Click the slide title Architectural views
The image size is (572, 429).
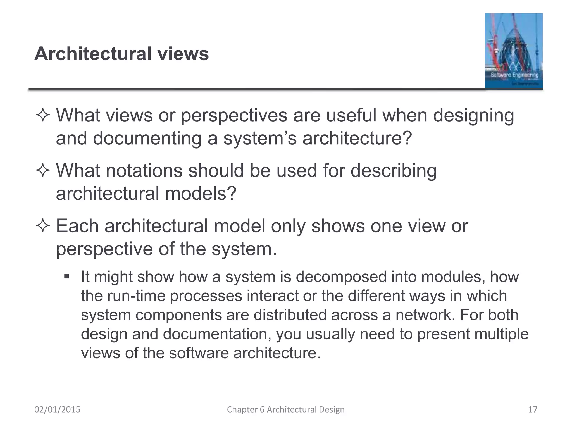[x=121, y=54]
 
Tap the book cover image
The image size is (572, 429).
[x=513, y=51]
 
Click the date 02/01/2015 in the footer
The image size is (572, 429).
[x=57, y=409]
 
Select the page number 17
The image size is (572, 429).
[x=533, y=409]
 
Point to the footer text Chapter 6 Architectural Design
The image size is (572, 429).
[x=286, y=409]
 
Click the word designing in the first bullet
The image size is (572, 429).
[x=473, y=116]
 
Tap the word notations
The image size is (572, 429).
[x=144, y=170]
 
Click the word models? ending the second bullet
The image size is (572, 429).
[x=201, y=193]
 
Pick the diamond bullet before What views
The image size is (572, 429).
[x=43, y=115]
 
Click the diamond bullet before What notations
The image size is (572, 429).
[x=43, y=170]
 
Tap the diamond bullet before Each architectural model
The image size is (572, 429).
[x=43, y=226]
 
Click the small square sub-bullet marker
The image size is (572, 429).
[x=66, y=277]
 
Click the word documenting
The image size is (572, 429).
[x=147, y=139]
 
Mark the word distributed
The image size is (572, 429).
[x=290, y=315]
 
